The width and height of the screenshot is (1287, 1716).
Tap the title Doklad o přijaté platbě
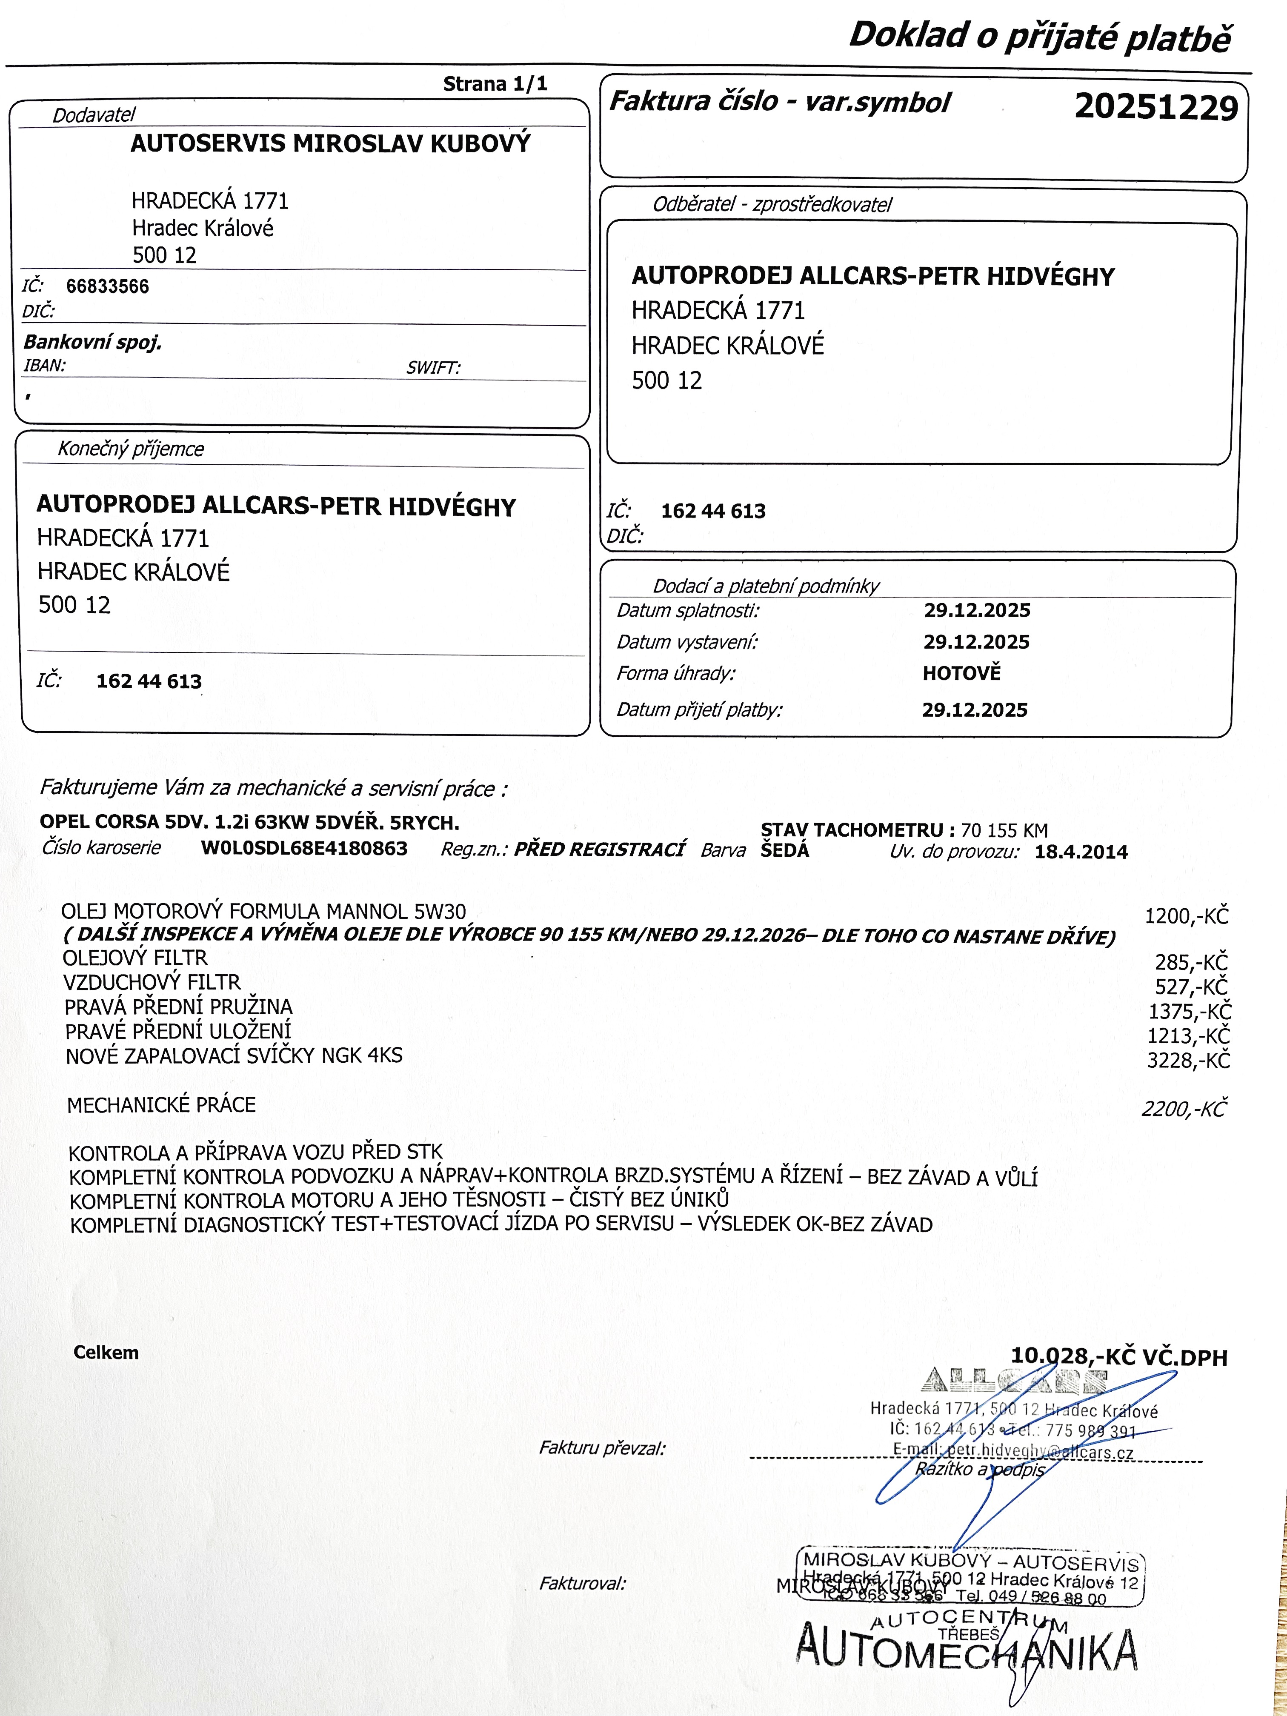tap(1040, 37)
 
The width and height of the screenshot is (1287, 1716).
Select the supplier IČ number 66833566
tap(107, 286)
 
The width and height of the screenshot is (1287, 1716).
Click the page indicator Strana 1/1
tap(495, 84)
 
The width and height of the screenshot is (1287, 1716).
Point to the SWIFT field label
tap(433, 368)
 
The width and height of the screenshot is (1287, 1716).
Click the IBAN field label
tap(44, 366)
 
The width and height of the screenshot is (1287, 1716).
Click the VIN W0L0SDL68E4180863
tap(304, 848)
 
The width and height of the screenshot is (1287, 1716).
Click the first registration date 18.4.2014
tap(1081, 852)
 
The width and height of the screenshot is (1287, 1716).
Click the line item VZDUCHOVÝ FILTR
tap(152, 982)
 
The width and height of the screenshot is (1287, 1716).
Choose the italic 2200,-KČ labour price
tap(1183, 1110)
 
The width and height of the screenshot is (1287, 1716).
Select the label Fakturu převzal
tap(602, 1447)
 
